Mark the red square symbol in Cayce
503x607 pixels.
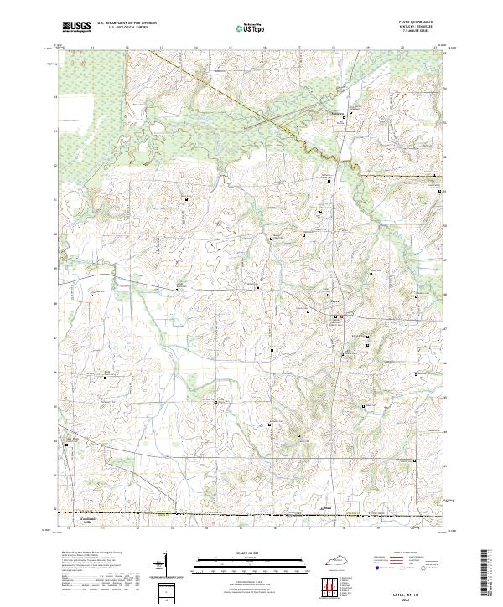coord(341,316)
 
